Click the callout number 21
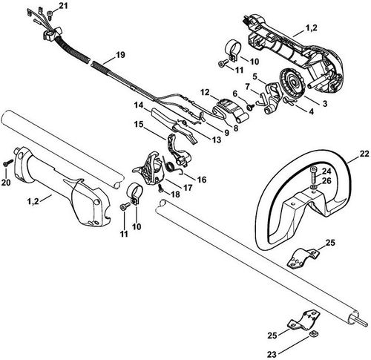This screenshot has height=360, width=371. (63, 6)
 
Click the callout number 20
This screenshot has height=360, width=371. (6, 182)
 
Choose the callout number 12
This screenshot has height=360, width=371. (205, 93)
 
